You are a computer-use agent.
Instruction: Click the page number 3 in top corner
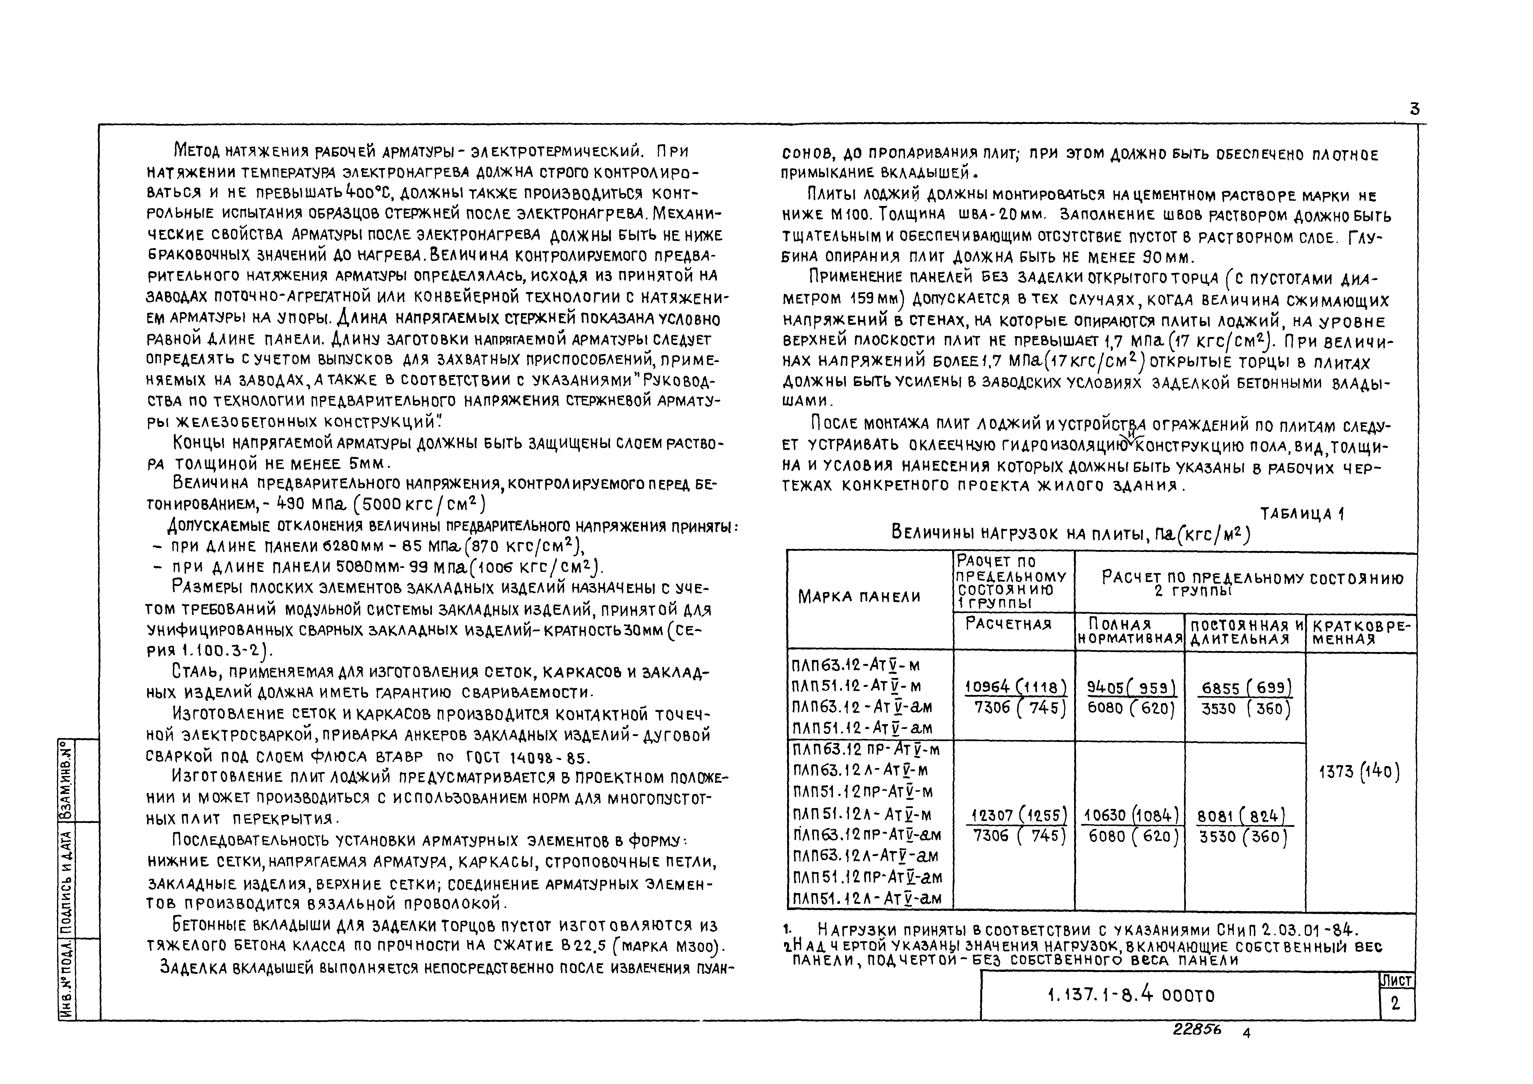(x=1414, y=109)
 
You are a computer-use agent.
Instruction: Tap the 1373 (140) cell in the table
(x=1359, y=772)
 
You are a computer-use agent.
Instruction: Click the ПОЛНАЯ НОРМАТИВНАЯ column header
(x=1130, y=632)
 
